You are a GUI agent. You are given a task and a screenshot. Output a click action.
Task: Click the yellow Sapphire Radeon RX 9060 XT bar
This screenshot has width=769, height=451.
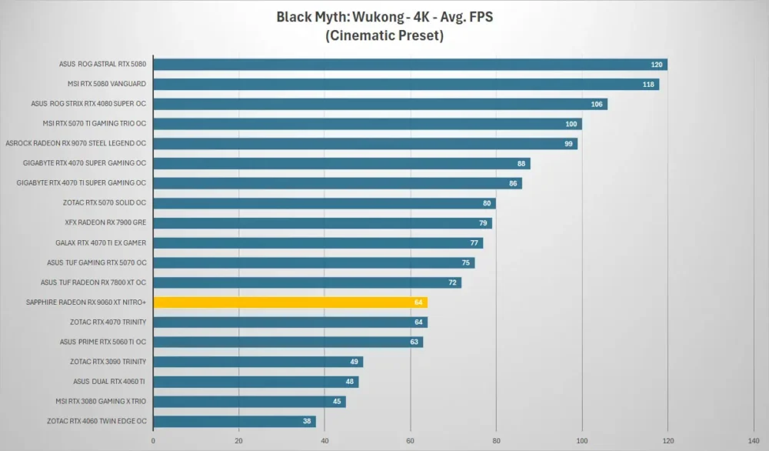point(291,302)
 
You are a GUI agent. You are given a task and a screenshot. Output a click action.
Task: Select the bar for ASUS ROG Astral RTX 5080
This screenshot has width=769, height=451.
point(411,65)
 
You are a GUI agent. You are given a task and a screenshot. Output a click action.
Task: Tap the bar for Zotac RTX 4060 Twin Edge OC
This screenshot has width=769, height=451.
point(235,421)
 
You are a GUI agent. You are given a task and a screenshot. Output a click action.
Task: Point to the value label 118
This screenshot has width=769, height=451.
point(648,85)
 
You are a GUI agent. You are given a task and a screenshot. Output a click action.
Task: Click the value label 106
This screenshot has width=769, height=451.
point(597,104)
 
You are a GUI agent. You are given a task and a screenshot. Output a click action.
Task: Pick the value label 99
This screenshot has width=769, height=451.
point(568,144)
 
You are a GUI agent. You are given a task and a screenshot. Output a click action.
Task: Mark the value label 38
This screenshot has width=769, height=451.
point(307,421)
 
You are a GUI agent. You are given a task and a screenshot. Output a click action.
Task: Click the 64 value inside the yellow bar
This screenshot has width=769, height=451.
point(418,302)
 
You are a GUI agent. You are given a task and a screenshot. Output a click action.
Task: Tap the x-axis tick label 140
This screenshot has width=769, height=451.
point(754,441)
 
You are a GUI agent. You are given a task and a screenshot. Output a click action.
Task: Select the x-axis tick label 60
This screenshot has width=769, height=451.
point(411,441)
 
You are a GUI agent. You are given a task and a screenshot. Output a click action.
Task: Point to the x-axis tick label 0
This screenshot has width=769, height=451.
point(153,441)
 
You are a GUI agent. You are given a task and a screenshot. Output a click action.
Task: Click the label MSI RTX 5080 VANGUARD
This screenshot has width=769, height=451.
point(106,84)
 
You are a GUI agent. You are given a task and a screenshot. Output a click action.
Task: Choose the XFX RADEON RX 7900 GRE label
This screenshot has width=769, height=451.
point(105,222)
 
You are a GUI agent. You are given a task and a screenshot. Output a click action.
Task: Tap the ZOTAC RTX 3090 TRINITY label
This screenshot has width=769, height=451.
point(108,362)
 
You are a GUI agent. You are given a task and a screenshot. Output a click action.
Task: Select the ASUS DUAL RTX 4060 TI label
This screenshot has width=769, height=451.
point(109,381)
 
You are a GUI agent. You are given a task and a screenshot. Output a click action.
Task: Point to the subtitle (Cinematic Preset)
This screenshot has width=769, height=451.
point(384,35)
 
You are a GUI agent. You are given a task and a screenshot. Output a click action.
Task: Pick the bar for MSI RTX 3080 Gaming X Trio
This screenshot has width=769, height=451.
point(250,402)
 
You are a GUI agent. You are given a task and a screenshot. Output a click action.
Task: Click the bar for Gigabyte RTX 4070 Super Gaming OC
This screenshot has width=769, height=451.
point(342,163)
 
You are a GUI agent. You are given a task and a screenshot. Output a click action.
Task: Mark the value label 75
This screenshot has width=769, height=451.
point(466,262)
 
